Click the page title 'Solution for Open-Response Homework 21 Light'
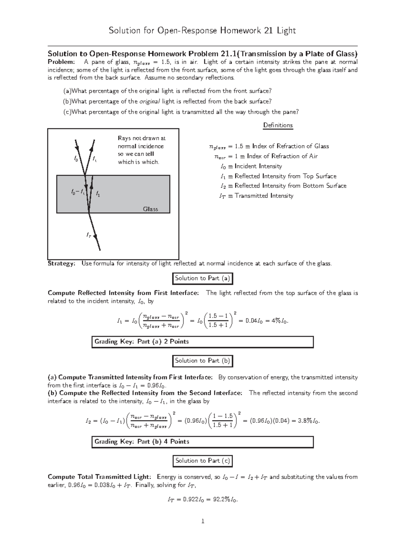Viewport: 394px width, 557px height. point(202,31)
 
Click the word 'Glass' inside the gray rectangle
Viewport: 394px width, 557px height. point(150,209)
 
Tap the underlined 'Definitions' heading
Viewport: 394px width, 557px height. point(278,125)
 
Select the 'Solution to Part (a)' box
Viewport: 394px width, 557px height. point(203,278)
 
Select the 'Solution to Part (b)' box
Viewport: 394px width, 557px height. point(203,361)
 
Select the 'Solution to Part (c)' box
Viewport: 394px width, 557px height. point(203,461)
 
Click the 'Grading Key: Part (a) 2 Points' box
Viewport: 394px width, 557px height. point(202,342)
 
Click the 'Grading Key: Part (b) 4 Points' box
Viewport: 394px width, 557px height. point(202,442)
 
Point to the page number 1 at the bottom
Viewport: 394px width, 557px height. point(203,521)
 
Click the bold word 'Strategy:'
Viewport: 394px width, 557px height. point(61,263)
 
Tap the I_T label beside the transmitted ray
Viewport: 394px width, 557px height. point(89,235)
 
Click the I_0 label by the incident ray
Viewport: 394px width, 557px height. point(76,159)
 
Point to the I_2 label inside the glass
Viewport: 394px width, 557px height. point(98,194)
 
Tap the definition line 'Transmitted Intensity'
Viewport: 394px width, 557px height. point(264,196)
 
